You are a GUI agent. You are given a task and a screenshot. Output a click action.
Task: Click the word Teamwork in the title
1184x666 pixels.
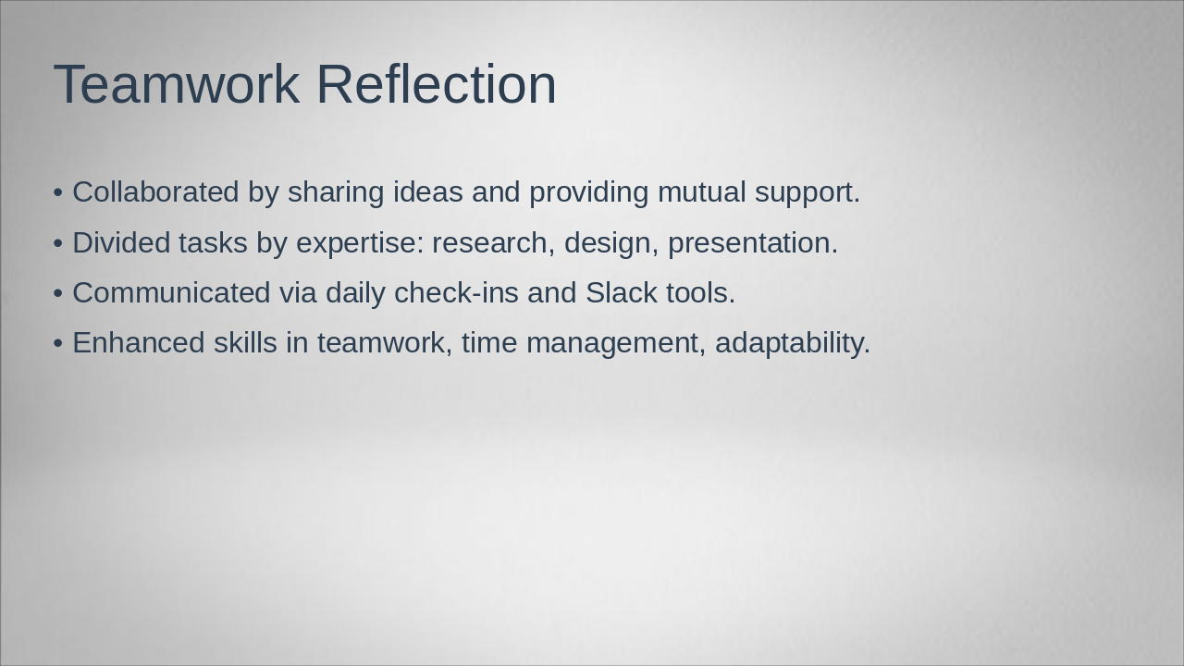click(x=176, y=84)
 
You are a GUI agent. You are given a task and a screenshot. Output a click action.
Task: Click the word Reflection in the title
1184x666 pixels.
click(x=436, y=84)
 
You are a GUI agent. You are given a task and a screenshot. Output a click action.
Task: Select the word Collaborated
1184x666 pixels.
click(x=155, y=192)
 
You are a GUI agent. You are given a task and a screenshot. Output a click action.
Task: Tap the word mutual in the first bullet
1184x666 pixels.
click(x=701, y=192)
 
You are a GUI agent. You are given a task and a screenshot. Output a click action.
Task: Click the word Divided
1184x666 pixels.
click(x=120, y=242)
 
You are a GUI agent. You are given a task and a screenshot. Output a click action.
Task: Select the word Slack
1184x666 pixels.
click(x=621, y=292)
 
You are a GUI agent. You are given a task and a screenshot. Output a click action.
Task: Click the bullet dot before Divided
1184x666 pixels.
click(x=58, y=243)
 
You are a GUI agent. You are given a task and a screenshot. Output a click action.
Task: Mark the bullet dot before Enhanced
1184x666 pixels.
click(x=58, y=343)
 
